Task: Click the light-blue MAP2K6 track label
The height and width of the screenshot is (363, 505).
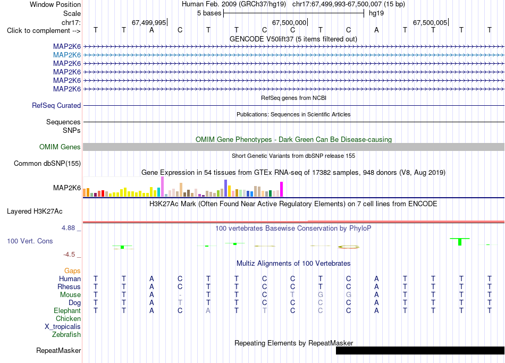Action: coord(66,55)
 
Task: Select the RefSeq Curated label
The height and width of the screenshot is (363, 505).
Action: coord(56,105)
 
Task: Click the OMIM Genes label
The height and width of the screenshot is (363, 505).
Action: coord(60,147)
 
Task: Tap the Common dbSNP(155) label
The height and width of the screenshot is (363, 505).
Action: coord(47,163)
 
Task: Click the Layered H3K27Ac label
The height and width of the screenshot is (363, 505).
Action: coord(35,212)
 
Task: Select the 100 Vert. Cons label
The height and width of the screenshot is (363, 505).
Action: coord(30,241)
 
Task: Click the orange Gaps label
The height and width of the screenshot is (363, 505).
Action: coord(72,271)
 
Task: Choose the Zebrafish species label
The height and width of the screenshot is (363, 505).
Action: coord(66,334)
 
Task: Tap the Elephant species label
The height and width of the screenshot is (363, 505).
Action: coord(67,310)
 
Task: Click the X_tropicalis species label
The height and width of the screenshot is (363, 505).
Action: coord(63,326)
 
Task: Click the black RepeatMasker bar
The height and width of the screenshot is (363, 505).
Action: coord(420,350)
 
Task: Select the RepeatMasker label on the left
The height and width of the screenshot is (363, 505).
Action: coord(58,350)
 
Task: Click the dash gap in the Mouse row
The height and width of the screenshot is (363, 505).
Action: coord(180,295)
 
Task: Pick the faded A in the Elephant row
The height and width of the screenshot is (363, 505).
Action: coord(208,310)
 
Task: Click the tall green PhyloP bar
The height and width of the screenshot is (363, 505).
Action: coord(460,242)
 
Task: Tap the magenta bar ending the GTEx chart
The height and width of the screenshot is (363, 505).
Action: coord(282,189)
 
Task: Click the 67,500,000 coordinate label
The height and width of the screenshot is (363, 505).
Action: coord(289,22)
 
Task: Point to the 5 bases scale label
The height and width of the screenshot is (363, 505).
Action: coord(209,13)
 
